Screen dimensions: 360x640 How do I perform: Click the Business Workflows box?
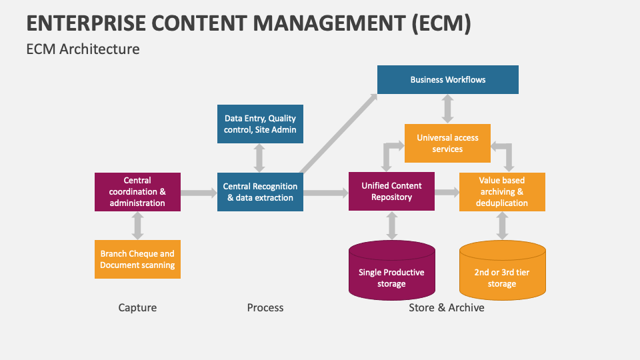447,79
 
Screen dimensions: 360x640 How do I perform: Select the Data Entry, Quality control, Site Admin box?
260,124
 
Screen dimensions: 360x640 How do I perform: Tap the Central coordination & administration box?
137,192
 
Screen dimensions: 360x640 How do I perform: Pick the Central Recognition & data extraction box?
260,192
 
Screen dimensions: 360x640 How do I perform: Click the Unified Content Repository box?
391,192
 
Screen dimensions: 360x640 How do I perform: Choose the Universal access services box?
447,143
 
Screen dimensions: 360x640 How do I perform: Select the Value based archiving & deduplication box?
502,192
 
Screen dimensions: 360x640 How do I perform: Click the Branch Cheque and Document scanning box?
137,259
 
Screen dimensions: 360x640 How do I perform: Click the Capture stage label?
137,307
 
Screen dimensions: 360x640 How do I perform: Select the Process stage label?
265,307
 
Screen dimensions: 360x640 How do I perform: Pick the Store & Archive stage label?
447,307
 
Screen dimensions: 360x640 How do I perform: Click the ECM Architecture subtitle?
83,49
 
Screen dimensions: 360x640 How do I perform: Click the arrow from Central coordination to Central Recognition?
199,193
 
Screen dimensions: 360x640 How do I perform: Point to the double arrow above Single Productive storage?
391,226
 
